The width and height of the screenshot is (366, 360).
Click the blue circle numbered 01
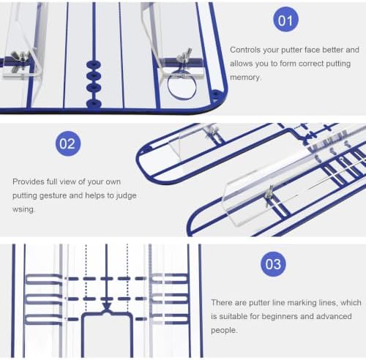[285, 20]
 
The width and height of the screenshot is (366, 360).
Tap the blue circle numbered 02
[68, 143]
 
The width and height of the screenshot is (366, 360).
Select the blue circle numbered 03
[273, 264]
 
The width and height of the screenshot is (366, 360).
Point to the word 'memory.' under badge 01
[246, 78]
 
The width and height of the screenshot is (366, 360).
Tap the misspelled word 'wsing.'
[24, 209]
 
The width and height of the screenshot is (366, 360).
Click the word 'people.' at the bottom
[224, 330]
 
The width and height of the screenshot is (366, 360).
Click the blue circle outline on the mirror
[182, 86]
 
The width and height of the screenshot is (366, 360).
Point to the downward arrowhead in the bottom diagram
[107, 307]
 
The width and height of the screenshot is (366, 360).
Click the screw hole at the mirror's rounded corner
[216, 94]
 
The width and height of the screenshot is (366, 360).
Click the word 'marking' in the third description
[302, 303]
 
